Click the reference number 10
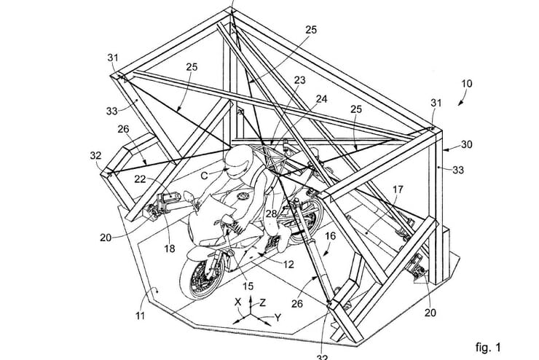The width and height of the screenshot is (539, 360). point(466,84)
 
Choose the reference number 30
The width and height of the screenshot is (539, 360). point(466,144)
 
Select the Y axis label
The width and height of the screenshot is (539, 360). point(279,318)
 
